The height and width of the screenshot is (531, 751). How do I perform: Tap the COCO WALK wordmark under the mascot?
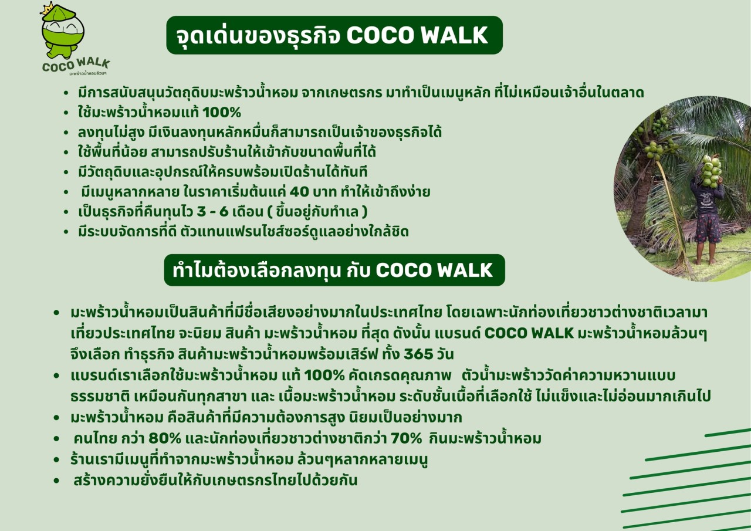click(x=76, y=64)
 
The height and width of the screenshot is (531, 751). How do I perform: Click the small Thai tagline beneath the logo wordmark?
click(x=88, y=73)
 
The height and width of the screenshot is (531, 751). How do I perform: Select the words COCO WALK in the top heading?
click(x=417, y=35)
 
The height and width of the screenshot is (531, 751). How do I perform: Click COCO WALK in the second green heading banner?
click(x=434, y=270)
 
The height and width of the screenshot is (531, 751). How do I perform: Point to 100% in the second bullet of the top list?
click(x=222, y=112)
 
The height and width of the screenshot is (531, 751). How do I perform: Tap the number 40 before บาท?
click(x=299, y=192)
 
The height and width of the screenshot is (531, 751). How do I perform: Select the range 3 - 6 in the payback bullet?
click(x=213, y=212)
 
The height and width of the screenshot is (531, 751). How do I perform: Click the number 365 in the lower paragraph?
click(x=418, y=354)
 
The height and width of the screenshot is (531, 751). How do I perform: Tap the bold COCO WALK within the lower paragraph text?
click(x=529, y=333)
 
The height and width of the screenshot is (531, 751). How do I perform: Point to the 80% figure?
click(x=165, y=438)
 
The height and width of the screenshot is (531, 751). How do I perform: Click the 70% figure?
click(x=407, y=438)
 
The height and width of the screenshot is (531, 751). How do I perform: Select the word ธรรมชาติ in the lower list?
click(x=100, y=397)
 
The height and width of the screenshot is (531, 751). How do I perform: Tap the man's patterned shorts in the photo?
click(x=708, y=228)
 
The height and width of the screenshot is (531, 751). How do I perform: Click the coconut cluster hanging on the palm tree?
click(x=655, y=149)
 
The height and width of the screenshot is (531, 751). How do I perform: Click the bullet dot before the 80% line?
click(x=56, y=438)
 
